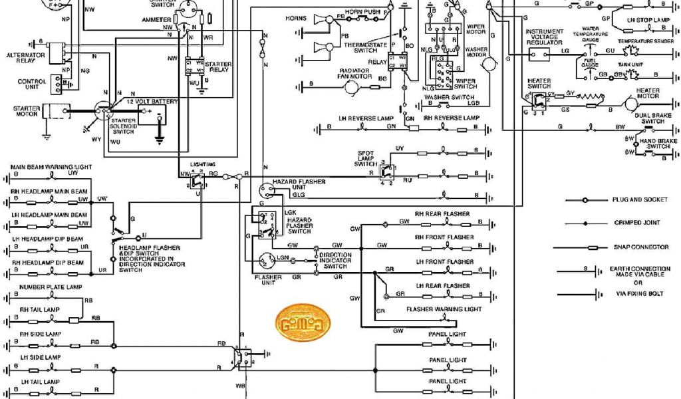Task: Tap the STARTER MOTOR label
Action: click(x=27, y=111)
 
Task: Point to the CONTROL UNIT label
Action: click(x=32, y=85)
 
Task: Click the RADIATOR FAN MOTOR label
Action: click(x=356, y=73)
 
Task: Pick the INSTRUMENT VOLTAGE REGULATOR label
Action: click(x=545, y=37)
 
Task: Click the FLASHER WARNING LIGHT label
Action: click(x=444, y=309)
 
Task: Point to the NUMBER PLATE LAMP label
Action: click(x=46, y=287)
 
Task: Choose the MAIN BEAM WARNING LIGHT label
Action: click(x=51, y=166)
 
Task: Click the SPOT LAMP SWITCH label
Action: click(x=366, y=158)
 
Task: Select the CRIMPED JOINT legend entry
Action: click(x=636, y=223)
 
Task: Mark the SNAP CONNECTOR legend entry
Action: click(x=640, y=247)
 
